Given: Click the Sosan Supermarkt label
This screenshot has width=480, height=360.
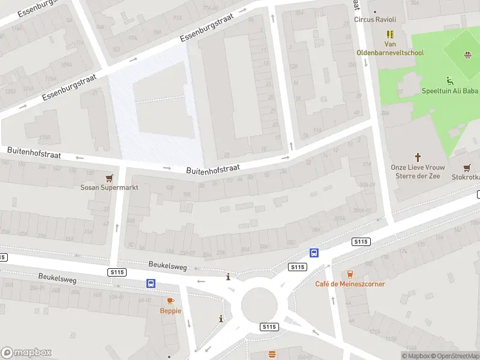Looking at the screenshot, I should [x=110, y=188].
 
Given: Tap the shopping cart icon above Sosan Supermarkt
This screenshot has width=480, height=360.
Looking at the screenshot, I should [x=109, y=178].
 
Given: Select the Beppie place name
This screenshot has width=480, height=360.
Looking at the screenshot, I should [x=170, y=310].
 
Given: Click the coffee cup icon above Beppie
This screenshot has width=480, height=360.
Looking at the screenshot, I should [x=170, y=301].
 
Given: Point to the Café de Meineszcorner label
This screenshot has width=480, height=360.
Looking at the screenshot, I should [x=350, y=284].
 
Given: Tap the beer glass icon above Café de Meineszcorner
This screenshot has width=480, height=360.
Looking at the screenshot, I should [x=350, y=274].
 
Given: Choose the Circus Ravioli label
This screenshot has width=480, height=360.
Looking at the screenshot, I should [x=375, y=20].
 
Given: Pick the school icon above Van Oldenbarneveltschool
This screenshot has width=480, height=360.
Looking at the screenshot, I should [x=391, y=35].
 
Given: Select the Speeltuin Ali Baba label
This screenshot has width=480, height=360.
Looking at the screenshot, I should [x=449, y=91].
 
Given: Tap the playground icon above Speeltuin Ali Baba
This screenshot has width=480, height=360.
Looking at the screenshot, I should [x=449, y=81].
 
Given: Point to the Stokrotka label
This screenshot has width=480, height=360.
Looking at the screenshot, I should [x=466, y=178].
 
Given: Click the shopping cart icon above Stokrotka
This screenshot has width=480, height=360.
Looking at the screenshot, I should [x=466, y=168].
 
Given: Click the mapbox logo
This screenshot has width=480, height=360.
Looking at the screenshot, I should [x=26, y=353].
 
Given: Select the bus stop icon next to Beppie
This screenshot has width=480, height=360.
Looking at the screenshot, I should [x=151, y=283].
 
